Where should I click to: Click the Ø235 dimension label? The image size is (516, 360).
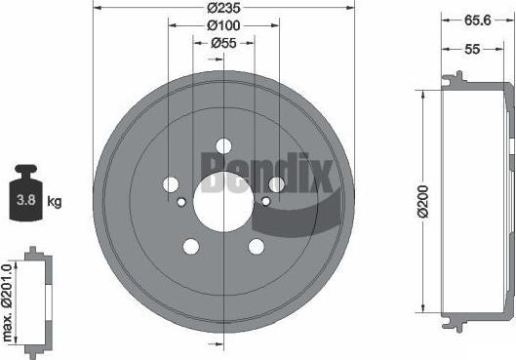point(223,8)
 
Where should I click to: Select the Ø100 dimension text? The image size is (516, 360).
point(223,25)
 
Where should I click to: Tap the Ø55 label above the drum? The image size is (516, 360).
point(223,43)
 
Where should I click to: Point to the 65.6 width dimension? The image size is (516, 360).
point(477,20)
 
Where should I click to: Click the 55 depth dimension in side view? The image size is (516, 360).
point(472,49)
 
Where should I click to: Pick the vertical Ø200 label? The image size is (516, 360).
point(423,201)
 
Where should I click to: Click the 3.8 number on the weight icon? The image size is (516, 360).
point(26,200)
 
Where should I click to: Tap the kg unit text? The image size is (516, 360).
point(55,201)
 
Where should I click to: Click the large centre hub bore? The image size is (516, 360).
point(223,202)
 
